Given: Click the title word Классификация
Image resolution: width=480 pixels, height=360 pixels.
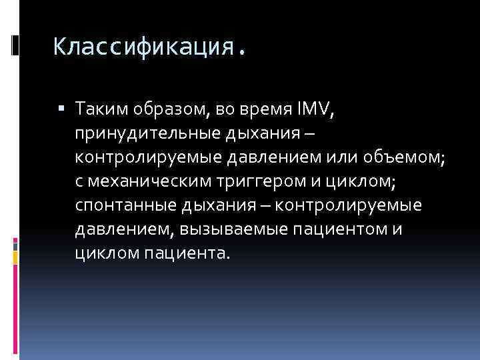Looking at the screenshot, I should point(143,46).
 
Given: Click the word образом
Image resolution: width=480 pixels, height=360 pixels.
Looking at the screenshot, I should point(161,107).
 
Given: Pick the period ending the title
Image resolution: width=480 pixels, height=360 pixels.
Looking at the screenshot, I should point(241,50).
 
